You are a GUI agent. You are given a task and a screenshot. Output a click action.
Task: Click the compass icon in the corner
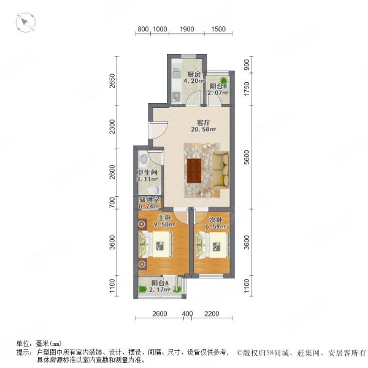(26, 23)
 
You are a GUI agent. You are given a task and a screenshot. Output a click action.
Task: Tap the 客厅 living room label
(186, 121)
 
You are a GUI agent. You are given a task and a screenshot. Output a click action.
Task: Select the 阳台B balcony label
(218, 87)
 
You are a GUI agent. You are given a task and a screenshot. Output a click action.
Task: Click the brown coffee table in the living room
(196, 171)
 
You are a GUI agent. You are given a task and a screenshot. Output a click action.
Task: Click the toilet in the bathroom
(155, 190)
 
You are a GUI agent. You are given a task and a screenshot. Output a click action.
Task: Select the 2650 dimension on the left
(112, 80)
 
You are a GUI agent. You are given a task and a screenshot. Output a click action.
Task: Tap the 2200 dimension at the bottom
(210, 315)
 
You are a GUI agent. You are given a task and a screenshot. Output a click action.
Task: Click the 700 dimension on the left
(112, 201)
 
